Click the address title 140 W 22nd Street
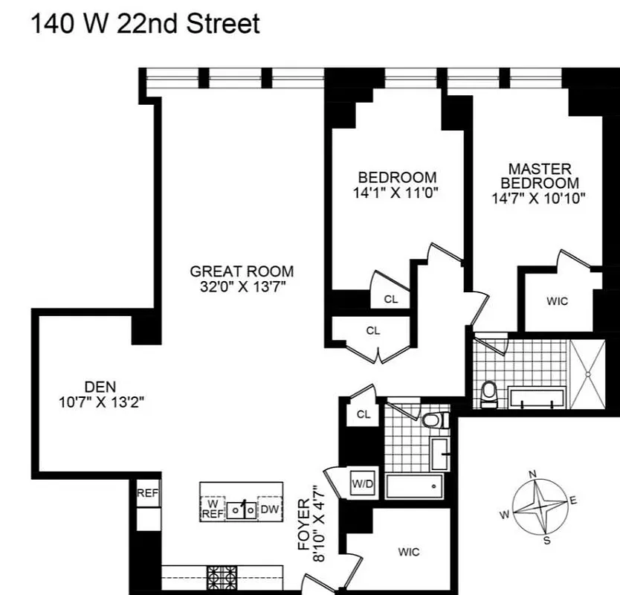point(145,24)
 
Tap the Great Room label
point(242,271)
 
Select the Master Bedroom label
point(540,176)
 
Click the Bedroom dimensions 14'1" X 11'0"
point(397,192)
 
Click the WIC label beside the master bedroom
point(557,301)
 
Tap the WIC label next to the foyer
point(408,552)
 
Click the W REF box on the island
point(213,508)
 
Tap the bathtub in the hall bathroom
point(413,488)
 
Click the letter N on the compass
point(532,474)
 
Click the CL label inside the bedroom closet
point(391,299)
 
